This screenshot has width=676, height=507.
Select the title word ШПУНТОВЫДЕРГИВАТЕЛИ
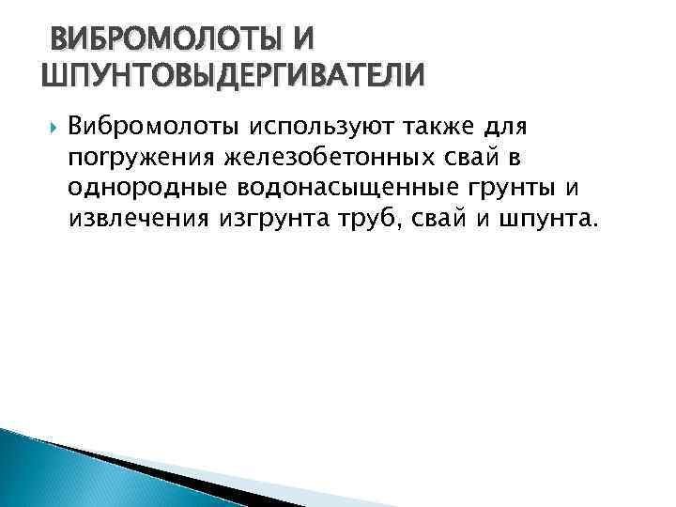(x=234, y=74)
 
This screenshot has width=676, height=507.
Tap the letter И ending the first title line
(x=303, y=39)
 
